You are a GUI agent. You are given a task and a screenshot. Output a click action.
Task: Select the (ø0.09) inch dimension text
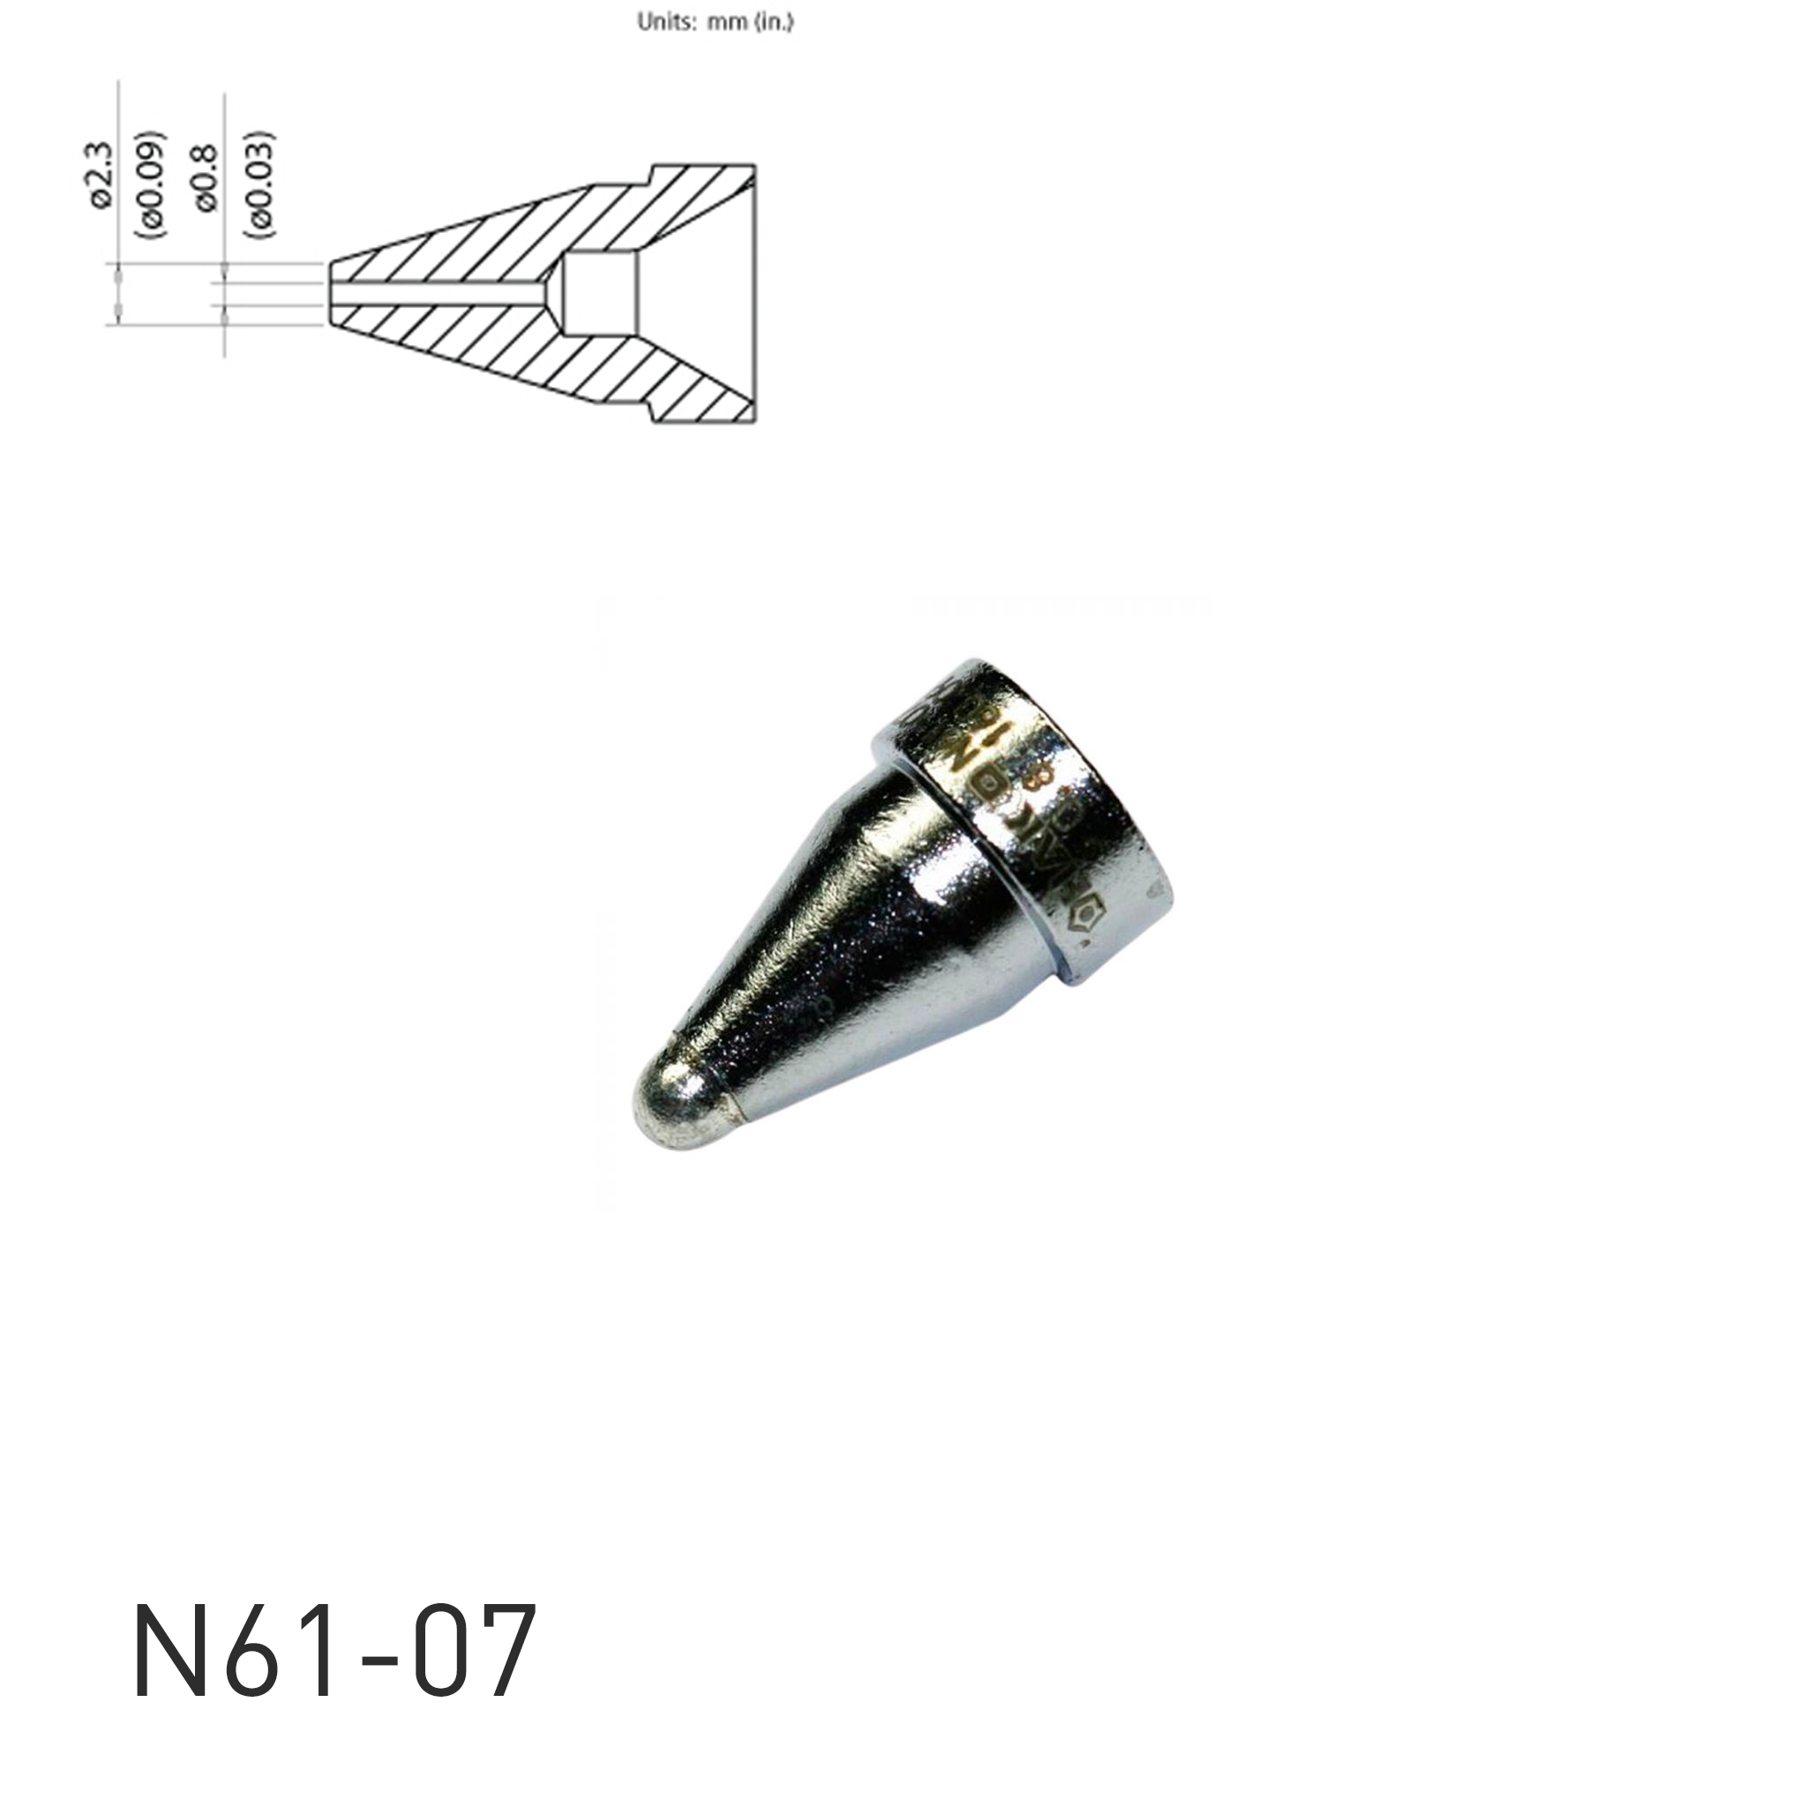click(x=153, y=184)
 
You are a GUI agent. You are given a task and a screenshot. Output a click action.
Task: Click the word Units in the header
click(x=665, y=22)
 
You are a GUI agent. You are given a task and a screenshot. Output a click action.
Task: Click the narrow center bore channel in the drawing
click(x=439, y=294)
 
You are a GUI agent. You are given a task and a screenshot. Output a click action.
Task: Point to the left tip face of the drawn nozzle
click(x=331, y=293)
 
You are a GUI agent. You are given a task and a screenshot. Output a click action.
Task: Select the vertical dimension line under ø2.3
click(x=120, y=206)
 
